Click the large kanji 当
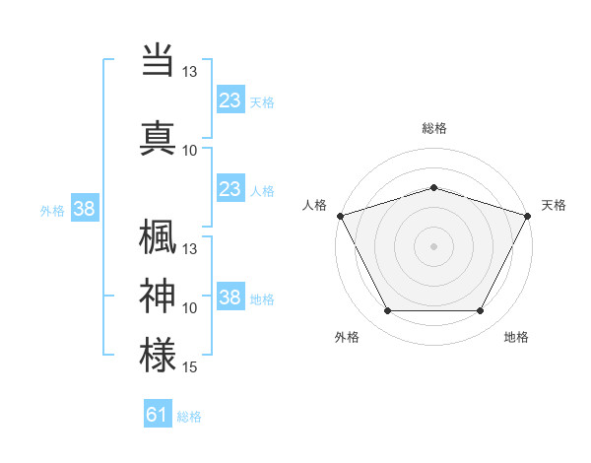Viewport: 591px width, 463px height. pyautogui.click(x=159, y=59)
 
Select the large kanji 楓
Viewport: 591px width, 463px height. pyautogui.click(x=159, y=237)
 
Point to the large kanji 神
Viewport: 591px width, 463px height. pyautogui.click(x=159, y=296)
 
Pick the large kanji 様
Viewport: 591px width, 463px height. pyautogui.click(x=159, y=355)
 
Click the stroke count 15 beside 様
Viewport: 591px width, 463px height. pyautogui.click(x=190, y=367)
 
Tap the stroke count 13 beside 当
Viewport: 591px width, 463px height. pyautogui.click(x=190, y=73)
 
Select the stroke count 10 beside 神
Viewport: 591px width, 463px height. pyautogui.click(x=190, y=308)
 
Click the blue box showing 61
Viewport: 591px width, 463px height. pyautogui.click(x=158, y=415)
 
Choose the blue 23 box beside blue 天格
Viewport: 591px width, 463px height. pyautogui.click(x=230, y=100)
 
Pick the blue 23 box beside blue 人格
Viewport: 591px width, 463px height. pyautogui.click(x=230, y=190)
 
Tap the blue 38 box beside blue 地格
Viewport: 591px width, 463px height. pyautogui.click(x=230, y=298)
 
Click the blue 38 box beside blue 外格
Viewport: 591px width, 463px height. pyautogui.click(x=85, y=209)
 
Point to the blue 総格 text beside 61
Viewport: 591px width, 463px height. pyautogui.click(x=189, y=417)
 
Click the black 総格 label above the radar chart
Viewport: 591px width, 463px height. pyautogui.click(x=434, y=128)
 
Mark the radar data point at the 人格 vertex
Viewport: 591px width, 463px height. pyautogui.click(x=340, y=216)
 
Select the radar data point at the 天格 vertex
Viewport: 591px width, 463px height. pyautogui.click(x=528, y=216)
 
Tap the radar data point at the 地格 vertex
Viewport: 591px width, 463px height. pyautogui.click(x=481, y=311)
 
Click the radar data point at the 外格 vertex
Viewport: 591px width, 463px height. pyautogui.click(x=387, y=311)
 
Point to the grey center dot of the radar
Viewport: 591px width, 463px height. pyautogui.click(x=433, y=246)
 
